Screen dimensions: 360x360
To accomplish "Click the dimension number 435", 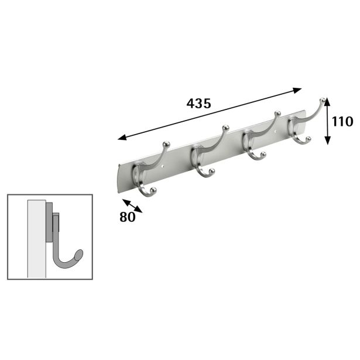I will pyautogui.click(x=198, y=103).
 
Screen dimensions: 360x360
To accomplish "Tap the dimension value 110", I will pyautogui.click(x=341, y=122).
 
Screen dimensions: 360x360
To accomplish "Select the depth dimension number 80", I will pyautogui.click(x=127, y=216).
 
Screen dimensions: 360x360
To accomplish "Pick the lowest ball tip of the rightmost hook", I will pyautogui.click(x=308, y=139).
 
